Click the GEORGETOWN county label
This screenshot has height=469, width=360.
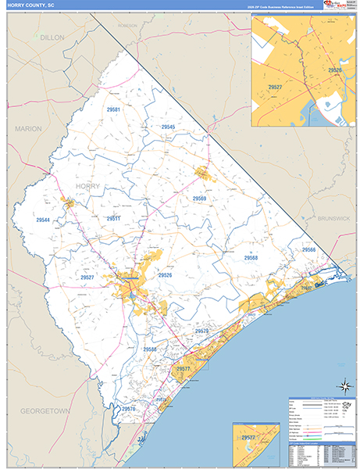tap(45, 410)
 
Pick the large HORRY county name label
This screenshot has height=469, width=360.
tap(88, 185)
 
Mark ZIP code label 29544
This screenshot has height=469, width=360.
tap(42, 220)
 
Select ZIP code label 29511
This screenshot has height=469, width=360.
tap(115, 219)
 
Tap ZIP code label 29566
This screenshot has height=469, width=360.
tap(309, 249)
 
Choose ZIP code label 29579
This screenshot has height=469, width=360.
tap(201, 331)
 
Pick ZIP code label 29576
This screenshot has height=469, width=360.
tap(129, 408)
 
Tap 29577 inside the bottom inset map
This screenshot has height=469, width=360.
tap(249, 439)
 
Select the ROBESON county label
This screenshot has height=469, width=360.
tap(127, 25)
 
